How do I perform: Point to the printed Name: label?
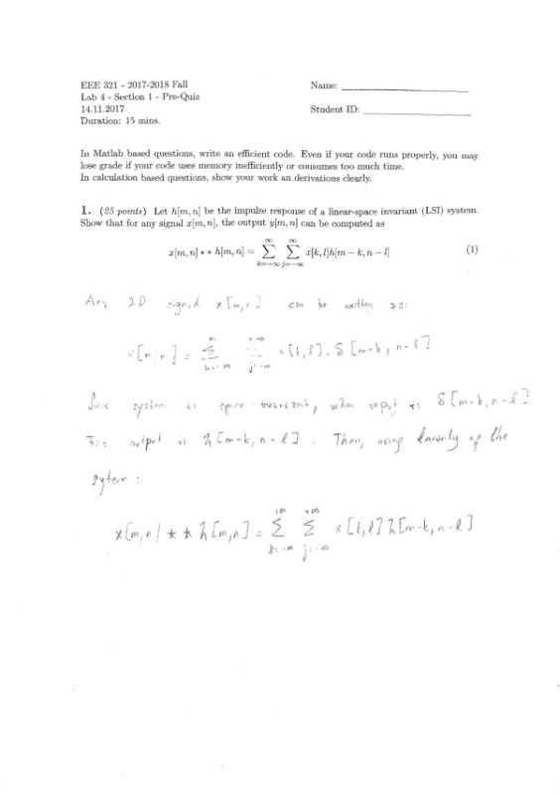click(x=324, y=86)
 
